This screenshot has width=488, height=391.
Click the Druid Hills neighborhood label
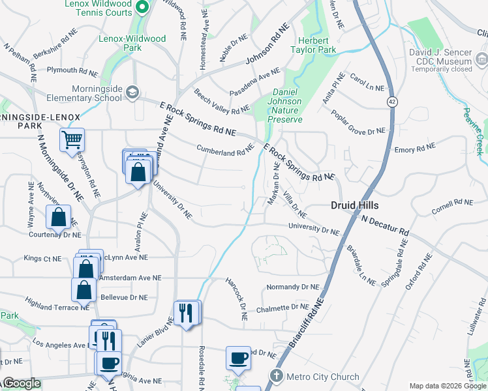(355, 205)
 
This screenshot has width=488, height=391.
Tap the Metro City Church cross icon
(277, 376)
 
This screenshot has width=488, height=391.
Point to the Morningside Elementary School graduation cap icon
(133, 92)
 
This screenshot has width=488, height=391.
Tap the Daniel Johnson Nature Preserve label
(286, 106)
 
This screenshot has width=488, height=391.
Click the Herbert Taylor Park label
(313, 45)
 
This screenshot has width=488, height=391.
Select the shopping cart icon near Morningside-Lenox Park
(72, 139)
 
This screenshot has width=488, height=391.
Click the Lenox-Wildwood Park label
(132, 43)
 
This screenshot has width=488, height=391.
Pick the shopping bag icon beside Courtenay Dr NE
(59, 217)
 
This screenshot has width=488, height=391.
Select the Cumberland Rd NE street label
(225, 150)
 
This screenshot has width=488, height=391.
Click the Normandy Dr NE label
(294, 287)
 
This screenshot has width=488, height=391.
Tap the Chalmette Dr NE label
(282, 308)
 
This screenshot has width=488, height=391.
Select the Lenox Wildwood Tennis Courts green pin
(145, 7)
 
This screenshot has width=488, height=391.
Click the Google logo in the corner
(22, 384)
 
